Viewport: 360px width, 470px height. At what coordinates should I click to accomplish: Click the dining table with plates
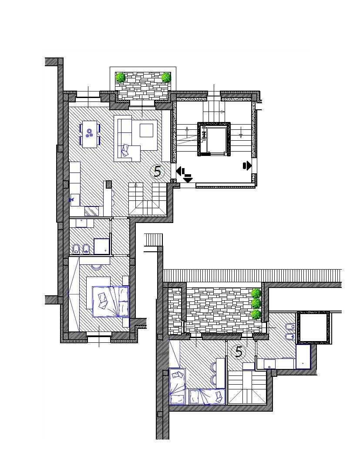pos(89,134)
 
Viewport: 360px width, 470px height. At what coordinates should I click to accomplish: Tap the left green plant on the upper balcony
pos(121,78)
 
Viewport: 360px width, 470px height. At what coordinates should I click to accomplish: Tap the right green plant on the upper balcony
pos(166,78)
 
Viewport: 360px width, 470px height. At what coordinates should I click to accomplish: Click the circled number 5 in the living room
pos(158,172)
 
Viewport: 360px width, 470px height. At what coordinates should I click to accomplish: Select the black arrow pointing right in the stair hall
pos(247,166)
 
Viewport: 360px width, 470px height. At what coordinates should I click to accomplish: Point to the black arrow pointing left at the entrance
pos(180,172)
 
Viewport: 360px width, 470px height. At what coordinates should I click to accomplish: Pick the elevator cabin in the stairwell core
pos(214,139)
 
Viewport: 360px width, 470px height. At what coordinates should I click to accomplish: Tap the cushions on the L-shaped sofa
pos(126,150)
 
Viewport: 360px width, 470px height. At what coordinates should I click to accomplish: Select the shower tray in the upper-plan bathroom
pos(101,246)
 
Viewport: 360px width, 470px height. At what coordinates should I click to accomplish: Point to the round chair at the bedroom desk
pos(97,267)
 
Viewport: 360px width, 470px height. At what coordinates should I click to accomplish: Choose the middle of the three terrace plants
pos(256,303)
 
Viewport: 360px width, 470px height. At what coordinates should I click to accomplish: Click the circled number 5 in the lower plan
pos(239,352)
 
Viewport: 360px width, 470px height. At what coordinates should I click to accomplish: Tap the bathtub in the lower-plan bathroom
pos(303,357)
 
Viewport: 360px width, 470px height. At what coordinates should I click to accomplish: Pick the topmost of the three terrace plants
pos(256,293)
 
